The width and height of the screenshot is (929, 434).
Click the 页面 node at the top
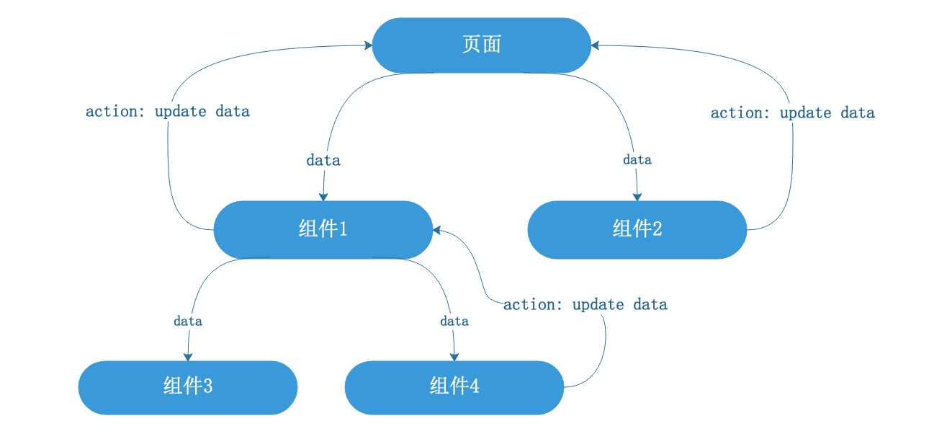pyautogui.click(x=482, y=45)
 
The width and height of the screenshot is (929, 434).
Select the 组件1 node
pyautogui.click(x=323, y=230)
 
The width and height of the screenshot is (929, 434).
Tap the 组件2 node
pyautogui.click(x=637, y=230)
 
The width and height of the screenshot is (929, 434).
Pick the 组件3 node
pyautogui.click(x=188, y=387)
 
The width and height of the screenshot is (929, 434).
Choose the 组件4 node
pyautogui.click(x=454, y=387)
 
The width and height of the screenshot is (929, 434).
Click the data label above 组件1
pyautogui.click(x=323, y=160)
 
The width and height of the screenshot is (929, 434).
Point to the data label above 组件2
pyautogui.click(x=637, y=159)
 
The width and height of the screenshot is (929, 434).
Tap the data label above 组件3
pyautogui.click(x=188, y=321)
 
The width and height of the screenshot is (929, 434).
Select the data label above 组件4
pyautogui.click(x=454, y=321)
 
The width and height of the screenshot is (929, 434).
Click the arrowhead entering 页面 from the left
pyautogui.click(x=368, y=45)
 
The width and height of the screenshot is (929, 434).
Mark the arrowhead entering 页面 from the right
pyautogui.click(x=595, y=45)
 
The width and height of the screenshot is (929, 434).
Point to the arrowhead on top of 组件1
pyautogui.click(x=323, y=197)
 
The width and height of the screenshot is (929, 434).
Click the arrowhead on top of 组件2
pyautogui.click(x=637, y=197)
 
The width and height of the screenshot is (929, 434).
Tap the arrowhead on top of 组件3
pyautogui.click(x=188, y=357)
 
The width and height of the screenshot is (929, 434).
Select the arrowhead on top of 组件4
pyautogui.click(x=454, y=357)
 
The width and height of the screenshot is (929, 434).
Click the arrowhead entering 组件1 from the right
pyautogui.click(x=436, y=230)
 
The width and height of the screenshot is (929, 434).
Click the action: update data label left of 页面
pyautogui.click(x=168, y=111)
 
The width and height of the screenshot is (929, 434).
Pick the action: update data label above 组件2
pyautogui.click(x=793, y=112)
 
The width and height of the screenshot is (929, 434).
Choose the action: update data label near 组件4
pyautogui.click(x=585, y=304)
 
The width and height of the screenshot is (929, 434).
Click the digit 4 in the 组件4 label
pyautogui.click(x=475, y=386)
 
